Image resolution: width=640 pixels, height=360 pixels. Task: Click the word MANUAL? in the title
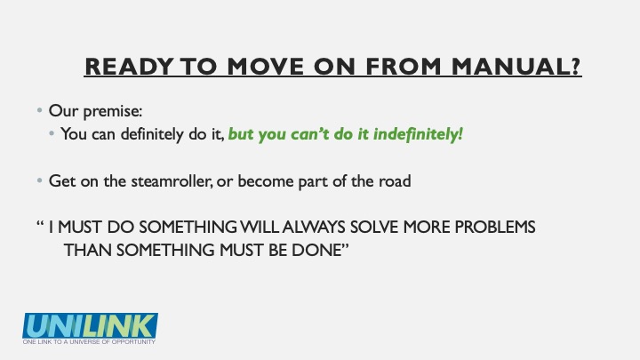tap(516, 66)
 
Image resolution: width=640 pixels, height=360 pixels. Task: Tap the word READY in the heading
tap(129, 66)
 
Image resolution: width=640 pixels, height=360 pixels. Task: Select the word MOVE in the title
tap(265, 66)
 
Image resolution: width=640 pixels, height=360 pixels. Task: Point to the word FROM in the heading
tap(404, 66)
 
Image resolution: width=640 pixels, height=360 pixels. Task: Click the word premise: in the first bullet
tap(113, 111)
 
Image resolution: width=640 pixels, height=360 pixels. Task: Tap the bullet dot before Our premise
tap(40, 110)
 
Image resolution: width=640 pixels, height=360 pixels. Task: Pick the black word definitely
tap(152, 134)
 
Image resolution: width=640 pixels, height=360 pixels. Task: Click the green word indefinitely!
tap(418, 134)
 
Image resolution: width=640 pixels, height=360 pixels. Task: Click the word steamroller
tap(171, 180)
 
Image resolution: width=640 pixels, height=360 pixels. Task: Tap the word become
tap(265, 180)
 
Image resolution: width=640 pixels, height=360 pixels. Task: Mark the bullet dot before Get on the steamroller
tap(40, 180)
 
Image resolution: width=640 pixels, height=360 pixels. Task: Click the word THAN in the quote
tap(88, 250)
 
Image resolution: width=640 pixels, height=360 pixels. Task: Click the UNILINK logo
tap(90, 325)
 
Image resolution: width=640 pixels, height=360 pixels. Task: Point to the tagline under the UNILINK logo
tap(89, 341)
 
